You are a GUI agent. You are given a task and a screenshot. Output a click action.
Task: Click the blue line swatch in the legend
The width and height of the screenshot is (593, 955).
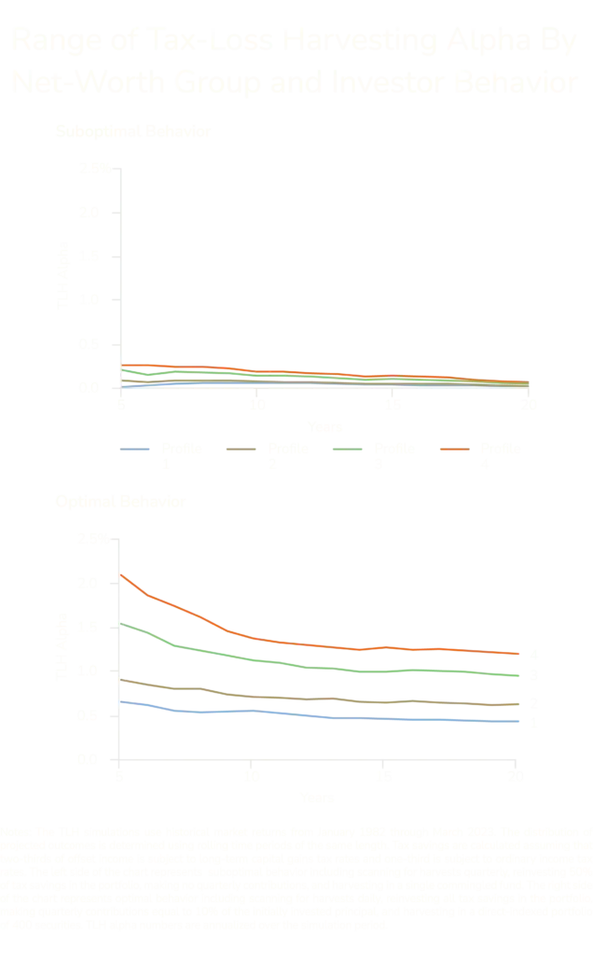pos(137,451)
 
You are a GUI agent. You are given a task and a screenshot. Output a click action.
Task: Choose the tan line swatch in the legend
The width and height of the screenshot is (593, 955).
pos(242,451)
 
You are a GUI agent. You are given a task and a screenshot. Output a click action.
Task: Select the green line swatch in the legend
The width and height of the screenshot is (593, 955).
pos(347,451)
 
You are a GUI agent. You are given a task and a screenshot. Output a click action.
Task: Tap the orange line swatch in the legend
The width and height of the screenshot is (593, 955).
pos(452,451)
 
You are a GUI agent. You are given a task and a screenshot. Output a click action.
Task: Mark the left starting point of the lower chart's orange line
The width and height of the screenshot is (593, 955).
pos(121,576)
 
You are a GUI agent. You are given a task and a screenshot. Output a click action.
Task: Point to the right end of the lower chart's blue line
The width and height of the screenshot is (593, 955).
pos(520,721)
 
